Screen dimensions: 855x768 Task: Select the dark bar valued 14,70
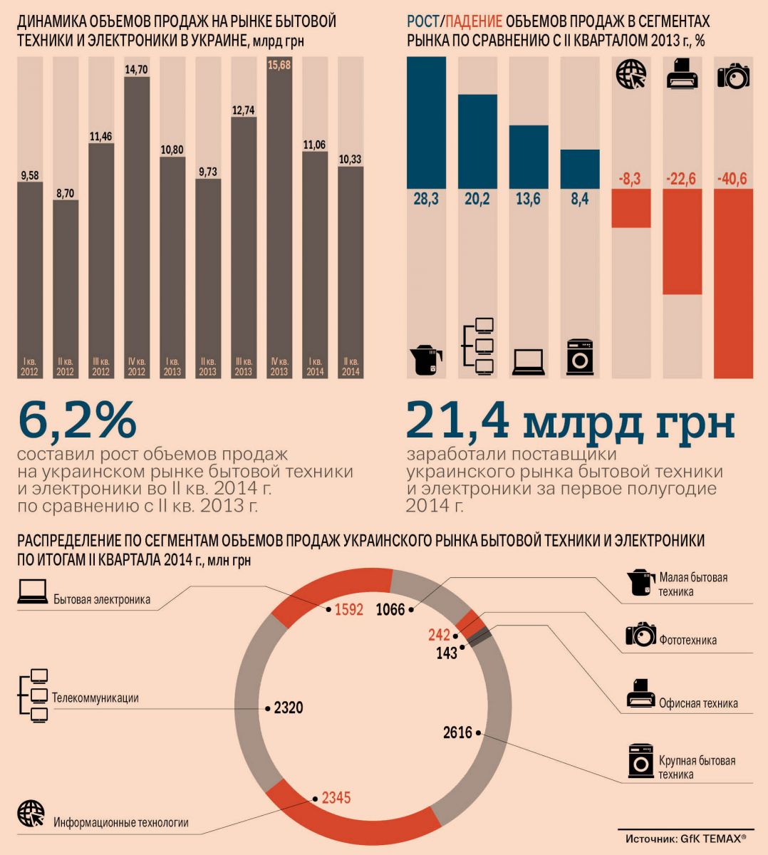(x=137, y=214)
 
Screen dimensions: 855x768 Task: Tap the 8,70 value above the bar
(x=65, y=193)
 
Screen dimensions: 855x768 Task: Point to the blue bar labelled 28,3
(x=426, y=123)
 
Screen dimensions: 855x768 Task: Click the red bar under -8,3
(x=631, y=208)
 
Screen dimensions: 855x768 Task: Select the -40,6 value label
(x=732, y=179)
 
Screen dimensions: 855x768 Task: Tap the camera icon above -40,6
(x=733, y=75)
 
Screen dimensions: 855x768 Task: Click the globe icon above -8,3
(x=631, y=75)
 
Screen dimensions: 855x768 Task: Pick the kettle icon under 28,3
(x=426, y=360)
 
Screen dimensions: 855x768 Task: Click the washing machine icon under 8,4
(x=579, y=357)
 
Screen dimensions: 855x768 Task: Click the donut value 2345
(x=336, y=798)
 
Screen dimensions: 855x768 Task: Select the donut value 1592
(x=349, y=610)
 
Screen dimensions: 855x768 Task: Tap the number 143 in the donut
(x=447, y=653)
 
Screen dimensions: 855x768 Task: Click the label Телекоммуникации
(x=95, y=698)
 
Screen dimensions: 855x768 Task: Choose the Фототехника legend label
(x=687, y=640)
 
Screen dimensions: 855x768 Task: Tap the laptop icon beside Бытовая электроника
(x=32, y=592)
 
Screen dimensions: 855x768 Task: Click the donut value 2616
(x=457, y=732)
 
